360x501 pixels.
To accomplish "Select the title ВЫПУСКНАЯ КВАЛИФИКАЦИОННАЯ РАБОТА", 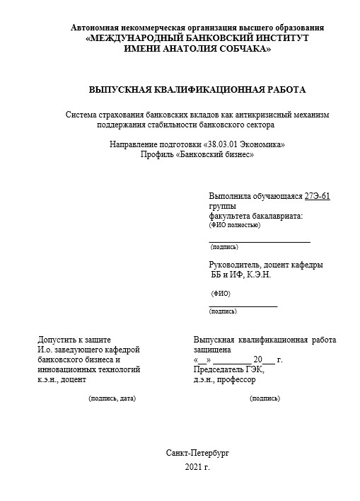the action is [197, 90].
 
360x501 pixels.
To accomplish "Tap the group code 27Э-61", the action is [317, 196].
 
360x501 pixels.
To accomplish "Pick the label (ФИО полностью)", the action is [235, 225].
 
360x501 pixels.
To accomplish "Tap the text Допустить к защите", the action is [74, 340].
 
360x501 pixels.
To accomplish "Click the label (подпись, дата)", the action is [112, 398].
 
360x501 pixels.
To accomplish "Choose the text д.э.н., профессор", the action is [224, 379].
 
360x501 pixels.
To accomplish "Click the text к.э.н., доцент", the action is [62, 379].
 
